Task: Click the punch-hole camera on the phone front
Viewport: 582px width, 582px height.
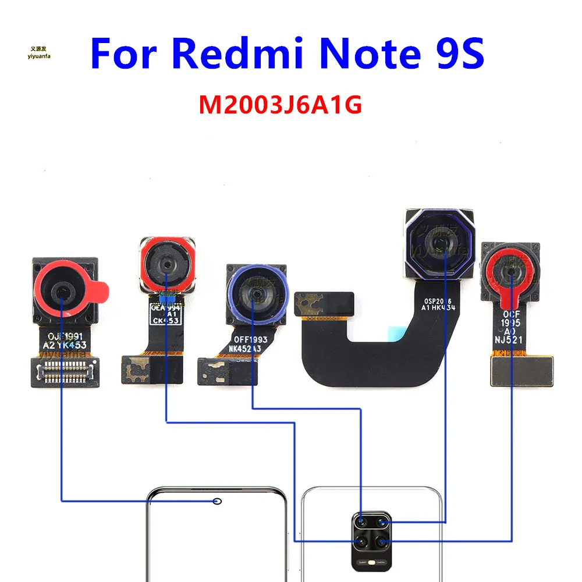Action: click(218, 501)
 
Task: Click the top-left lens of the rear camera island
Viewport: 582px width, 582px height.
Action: click(361, 522)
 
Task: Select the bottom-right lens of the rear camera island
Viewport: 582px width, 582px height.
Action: click(382, 542)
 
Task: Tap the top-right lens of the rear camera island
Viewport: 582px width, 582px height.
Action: click(382, 522)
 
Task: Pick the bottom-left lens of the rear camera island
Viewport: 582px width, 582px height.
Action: click(361, 542)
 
